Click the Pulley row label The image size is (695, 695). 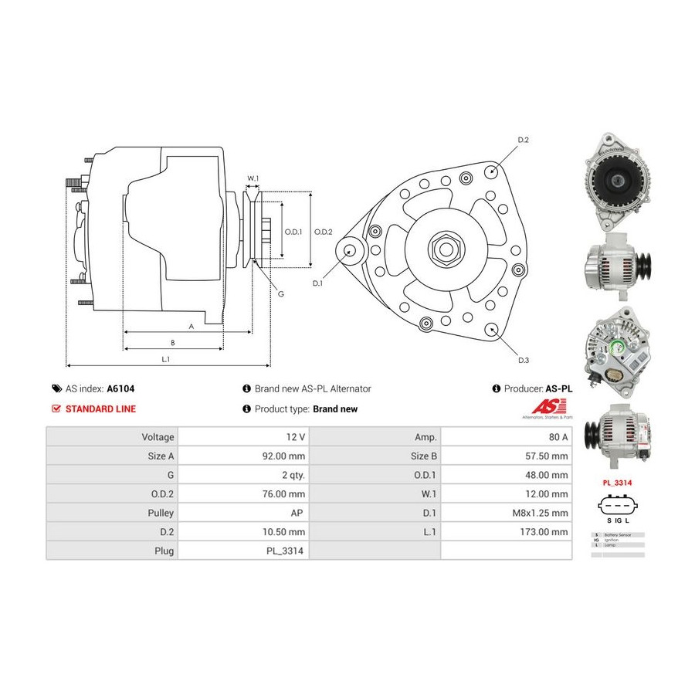pos(160,513)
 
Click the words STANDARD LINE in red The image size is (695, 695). pos(100,409)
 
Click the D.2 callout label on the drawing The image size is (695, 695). pos(523,140)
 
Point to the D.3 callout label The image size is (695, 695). pos(523,361)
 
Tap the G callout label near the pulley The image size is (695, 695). pos(280,294)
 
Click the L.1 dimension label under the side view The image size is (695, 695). pos(165,358)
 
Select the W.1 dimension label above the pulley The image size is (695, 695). pos(253,178)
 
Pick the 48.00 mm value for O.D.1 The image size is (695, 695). pos(547,475)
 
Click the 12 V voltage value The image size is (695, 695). pos(296,436)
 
